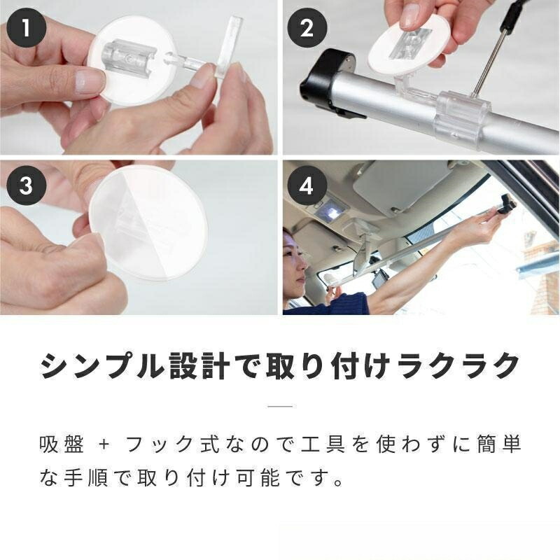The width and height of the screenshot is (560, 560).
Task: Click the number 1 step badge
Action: pyautogui.click(x=26, y=27)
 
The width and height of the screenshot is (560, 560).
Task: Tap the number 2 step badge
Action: pyautogui.click(x=307, y=27)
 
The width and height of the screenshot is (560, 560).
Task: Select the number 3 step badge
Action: pyautogui.click(x=26, y=185)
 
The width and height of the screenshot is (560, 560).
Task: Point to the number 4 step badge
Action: pyautogui.click(x=307, y=185)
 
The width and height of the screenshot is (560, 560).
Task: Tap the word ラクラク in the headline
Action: pyautogui.click(x=458, y=366)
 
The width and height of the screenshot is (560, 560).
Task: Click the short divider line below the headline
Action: pyautogui.click(x=280, y=406)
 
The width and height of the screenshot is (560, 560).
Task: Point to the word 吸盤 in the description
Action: pyautogui.click(x=62, y=444)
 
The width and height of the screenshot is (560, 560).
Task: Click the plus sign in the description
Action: pyautogui.click(x=104, y=445)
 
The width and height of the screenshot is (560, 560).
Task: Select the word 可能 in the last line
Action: pyautogui.click(x=258, y=477)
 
